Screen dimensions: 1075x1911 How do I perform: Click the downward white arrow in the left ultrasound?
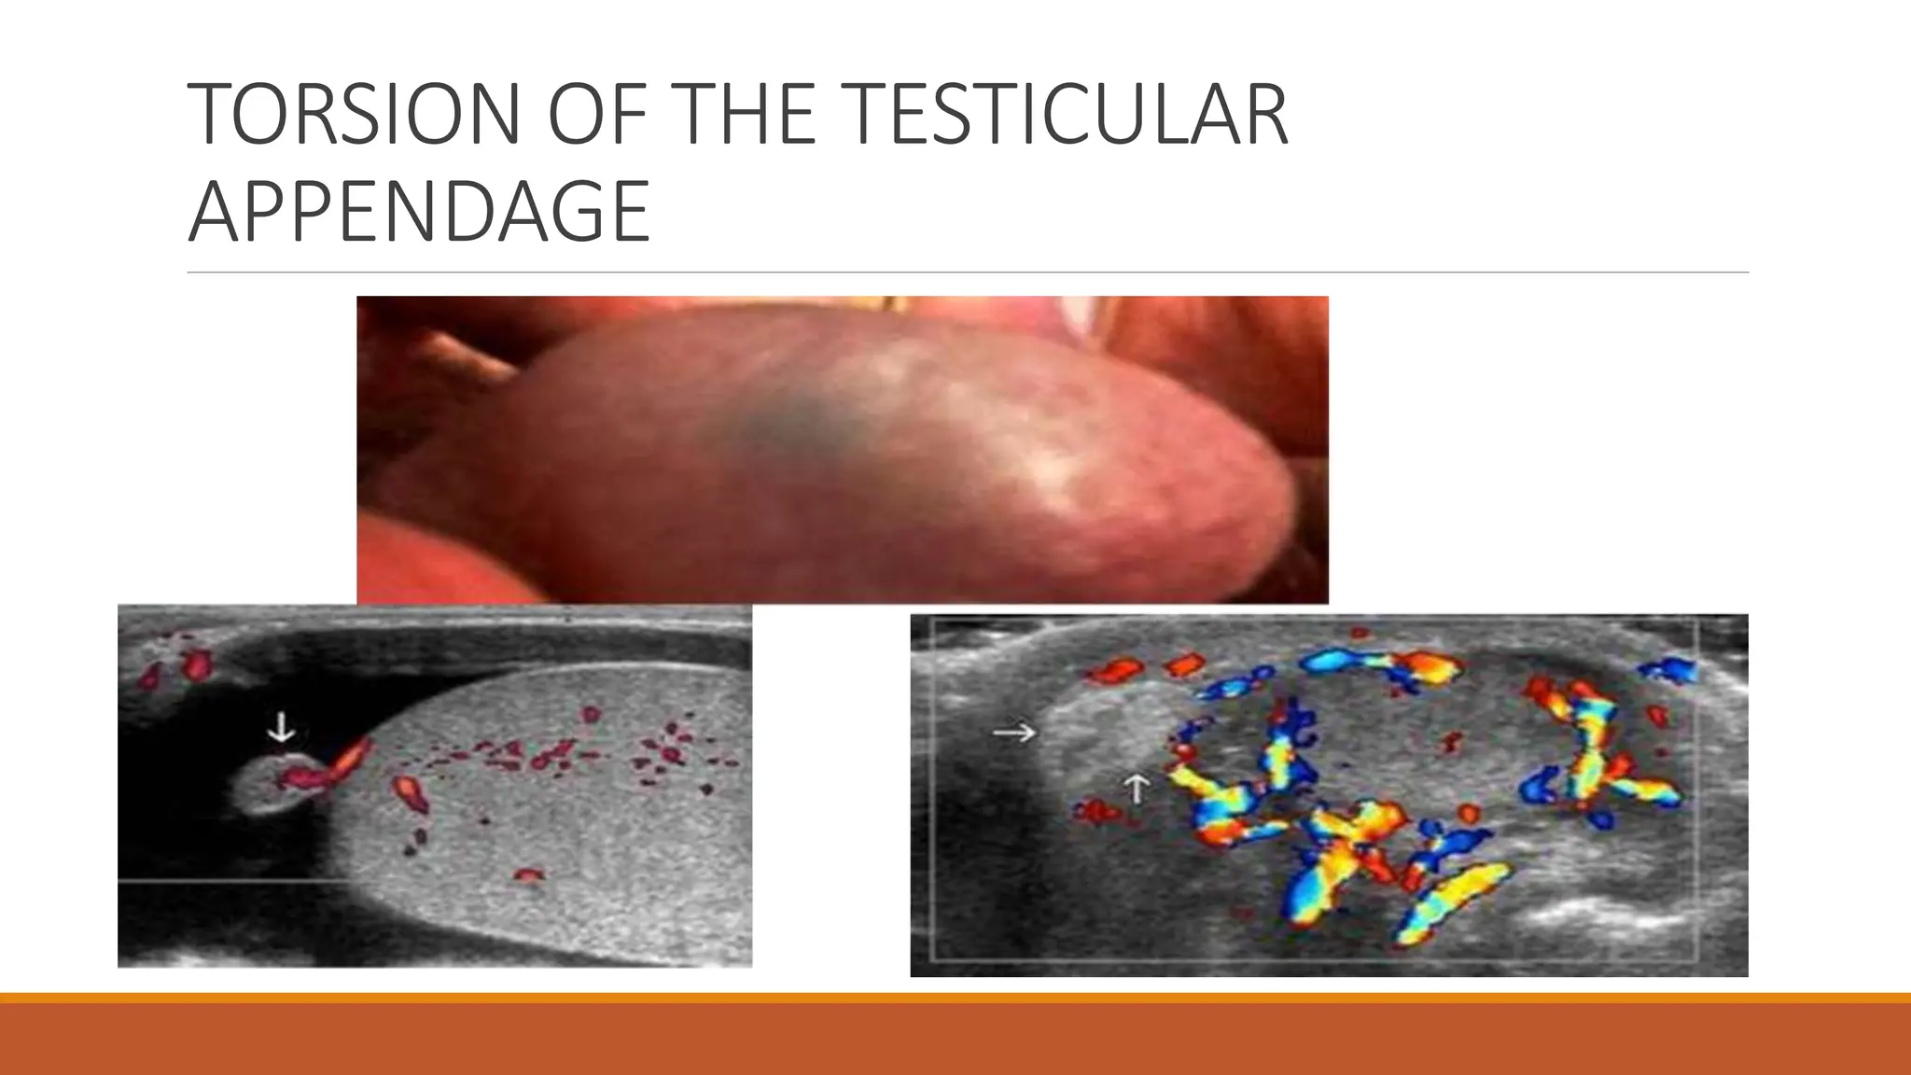pyautogui.click(x=281, y=727)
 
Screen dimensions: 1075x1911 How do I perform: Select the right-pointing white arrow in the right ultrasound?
pyautogui.click(x=1013, y=733)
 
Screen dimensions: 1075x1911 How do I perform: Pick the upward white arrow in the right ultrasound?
pyautogui.click(x=1136, y=789)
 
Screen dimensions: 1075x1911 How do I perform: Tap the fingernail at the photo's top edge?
pyautogui.click(x=1082, y=314)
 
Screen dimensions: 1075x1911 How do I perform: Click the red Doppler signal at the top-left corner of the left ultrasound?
pyautogui.click(x=195, y=665)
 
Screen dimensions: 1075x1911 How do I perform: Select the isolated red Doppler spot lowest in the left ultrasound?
pyautogui.click(x=528, y=875)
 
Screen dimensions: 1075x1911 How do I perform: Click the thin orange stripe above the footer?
pyautogui.click(x=955, y=998)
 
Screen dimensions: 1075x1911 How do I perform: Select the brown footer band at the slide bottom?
pyautogui.click(x=955, y=1040)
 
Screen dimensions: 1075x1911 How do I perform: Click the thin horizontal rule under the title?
pyautogui.click(x=968, y=272)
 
